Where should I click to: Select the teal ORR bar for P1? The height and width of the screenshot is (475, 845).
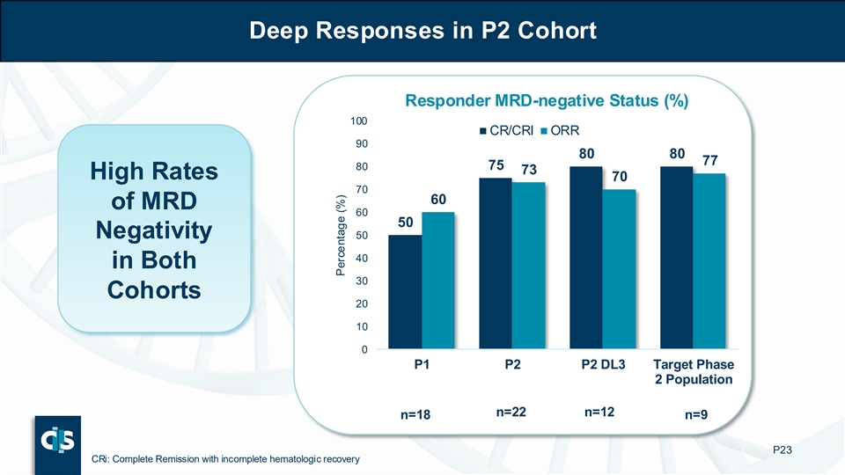(x=437, y=281)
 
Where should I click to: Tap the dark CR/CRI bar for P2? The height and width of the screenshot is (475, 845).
(x=496, y=264)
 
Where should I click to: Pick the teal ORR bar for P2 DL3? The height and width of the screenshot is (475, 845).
(x=619, y=269)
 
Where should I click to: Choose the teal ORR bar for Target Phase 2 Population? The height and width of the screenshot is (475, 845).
(x=709, y=261)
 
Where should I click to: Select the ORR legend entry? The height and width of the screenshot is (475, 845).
(x=572, y=131)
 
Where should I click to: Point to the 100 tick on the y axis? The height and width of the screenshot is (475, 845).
(x=359, y=120)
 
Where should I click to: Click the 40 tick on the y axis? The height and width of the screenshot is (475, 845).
(x=362, y=258)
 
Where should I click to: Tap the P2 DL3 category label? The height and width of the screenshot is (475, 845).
(x=603, y=366)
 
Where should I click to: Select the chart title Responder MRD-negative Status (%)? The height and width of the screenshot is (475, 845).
(x=546, y=101)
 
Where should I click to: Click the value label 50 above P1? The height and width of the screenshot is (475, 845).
(x=407, y=223)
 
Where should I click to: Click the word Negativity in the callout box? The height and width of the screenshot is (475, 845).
(x=154, y=231)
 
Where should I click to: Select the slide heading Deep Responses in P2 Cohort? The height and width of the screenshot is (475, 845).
(x=422, y=31)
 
